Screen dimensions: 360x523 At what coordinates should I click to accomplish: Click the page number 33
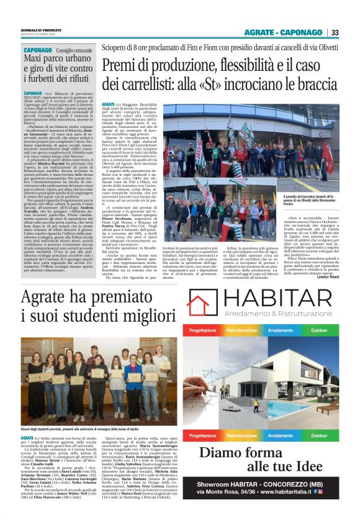(x=335, y=32)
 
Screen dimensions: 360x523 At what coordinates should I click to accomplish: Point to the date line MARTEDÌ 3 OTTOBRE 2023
(x=39, y=34)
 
